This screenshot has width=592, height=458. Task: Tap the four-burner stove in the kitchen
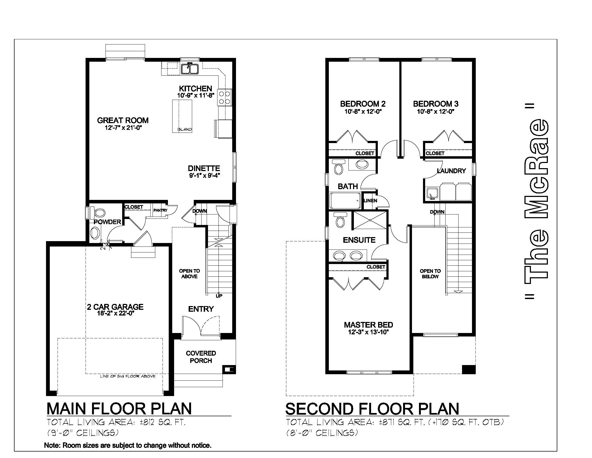click(224, 98)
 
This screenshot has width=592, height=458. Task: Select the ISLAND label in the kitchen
click(185, 129)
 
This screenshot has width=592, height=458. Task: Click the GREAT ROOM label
click(123, 120)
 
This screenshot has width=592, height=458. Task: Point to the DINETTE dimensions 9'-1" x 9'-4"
click(204, 176)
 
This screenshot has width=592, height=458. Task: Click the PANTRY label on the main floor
click(160, 210)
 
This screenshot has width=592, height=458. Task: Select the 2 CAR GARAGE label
click(115, 307)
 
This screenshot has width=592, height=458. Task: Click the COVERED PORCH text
click(201, 357)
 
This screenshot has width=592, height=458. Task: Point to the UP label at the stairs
click(219, 296)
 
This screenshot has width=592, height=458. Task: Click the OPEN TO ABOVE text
click(189, 273)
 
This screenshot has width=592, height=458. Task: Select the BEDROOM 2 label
click(363, 104)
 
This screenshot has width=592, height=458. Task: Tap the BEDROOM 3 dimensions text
click(436, 111)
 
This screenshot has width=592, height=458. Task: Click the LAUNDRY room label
click(451, 171)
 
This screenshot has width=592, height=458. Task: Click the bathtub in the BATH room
click(345, 200)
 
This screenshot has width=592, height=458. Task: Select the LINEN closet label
click(371, 200)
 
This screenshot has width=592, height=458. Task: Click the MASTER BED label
click(368, 325)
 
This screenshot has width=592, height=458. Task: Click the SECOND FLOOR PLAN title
click(372, 409)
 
